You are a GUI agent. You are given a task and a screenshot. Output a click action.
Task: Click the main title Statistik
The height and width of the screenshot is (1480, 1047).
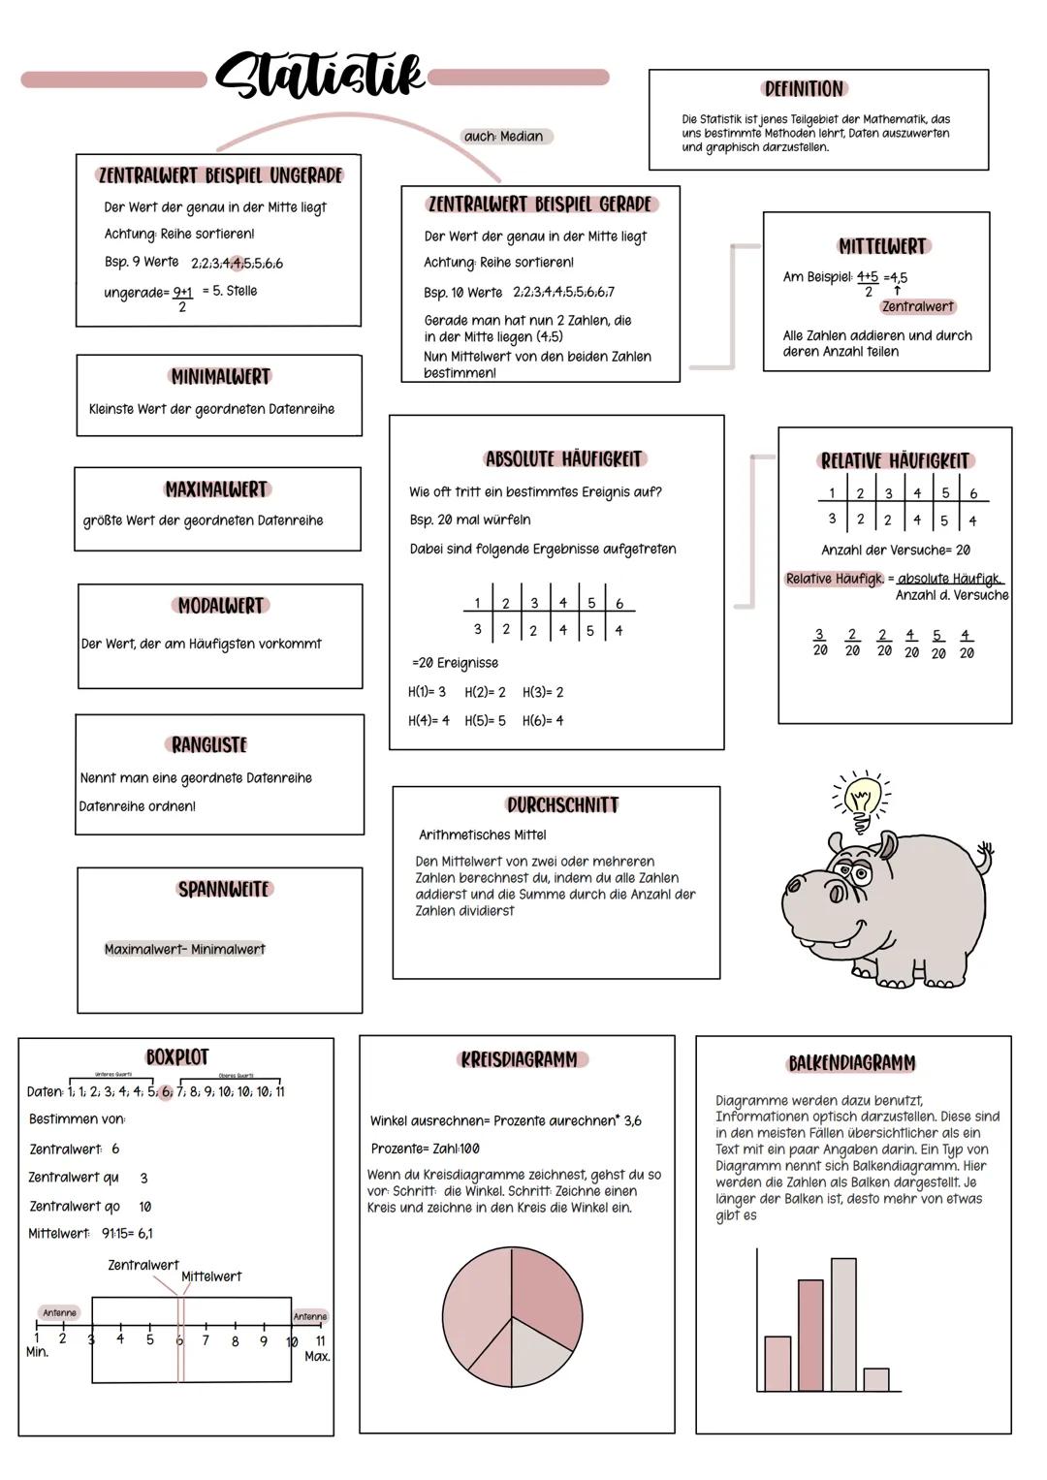click(320, 76)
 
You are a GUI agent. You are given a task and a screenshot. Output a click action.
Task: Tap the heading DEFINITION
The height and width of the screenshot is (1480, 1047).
click(804, 89)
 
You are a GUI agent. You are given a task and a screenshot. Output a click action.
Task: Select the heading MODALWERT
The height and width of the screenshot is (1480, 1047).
click(221, 606)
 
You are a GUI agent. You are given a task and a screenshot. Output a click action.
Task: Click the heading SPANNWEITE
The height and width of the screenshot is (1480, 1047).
click(223, 889)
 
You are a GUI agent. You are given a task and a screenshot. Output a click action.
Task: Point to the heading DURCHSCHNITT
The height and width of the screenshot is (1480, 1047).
click(562, 804)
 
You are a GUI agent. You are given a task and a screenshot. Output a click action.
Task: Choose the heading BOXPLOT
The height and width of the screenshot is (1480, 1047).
click(177, 1056)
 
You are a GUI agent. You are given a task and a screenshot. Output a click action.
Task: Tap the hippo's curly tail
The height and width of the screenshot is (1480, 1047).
click(986, 854)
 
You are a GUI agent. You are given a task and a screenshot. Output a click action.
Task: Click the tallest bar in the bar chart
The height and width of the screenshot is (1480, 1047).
click(843, 1324)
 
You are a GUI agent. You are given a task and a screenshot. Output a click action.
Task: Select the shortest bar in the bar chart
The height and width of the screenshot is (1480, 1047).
click(876, 1379)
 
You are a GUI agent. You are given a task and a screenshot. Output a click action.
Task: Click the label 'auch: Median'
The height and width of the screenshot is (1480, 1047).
click(504, 137)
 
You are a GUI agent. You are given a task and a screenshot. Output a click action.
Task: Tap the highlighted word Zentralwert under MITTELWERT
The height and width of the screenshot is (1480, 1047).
click(918, 306)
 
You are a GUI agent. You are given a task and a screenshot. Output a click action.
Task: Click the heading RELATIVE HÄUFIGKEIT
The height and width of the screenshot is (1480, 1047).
click(895, 461)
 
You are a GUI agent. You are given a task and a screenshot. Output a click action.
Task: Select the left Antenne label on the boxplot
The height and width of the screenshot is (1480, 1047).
click(59, 1312)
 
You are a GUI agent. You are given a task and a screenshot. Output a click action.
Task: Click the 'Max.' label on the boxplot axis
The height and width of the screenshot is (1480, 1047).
click(317, 1356)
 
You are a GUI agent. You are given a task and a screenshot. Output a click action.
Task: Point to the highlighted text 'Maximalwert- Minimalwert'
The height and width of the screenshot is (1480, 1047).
click(184, 949)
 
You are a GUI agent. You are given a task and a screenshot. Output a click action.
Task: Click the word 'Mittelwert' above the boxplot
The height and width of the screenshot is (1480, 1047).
click(211, 1276)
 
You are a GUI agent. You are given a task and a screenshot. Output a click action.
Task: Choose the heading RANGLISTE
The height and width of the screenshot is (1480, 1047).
click(209, 744)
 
